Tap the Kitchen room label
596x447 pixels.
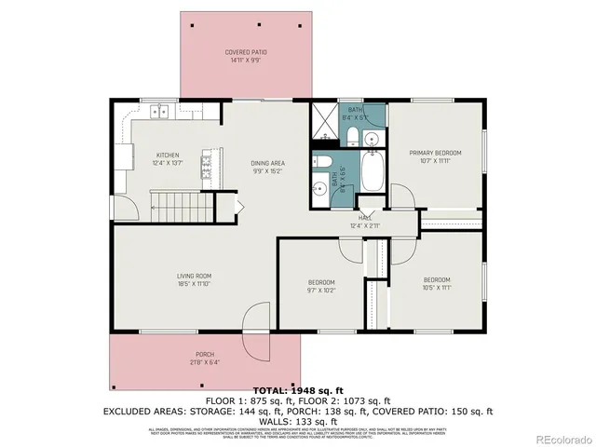click(x=168, y=159)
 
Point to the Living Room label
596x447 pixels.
click(x=196, y=279)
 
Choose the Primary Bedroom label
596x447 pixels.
click(x=433, y=156)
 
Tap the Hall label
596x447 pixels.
click(x=366, y=222)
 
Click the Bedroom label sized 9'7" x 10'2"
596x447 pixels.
click(x=322, y=286)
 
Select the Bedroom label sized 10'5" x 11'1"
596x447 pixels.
click(x=437, y=284)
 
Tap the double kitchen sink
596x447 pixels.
click(x=161, y=112)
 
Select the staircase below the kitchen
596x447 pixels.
click(x=177, y=204)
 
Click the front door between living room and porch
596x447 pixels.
click(x=252, y=332)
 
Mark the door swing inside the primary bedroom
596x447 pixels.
click(x=402, y=198)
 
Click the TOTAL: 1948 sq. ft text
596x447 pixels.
click(x=298, y=390)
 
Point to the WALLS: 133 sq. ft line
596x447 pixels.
click(x=298, y=420)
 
